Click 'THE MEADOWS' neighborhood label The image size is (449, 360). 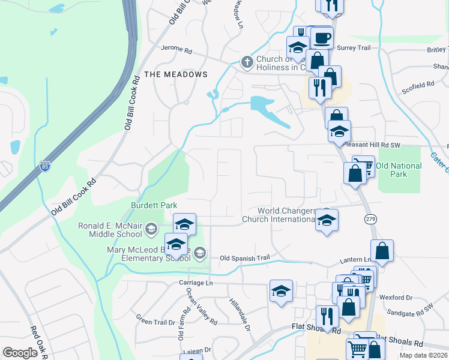(176, 74)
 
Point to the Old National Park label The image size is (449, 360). (400, 170)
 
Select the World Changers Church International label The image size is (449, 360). (286, 215)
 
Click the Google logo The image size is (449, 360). (20, 353)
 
